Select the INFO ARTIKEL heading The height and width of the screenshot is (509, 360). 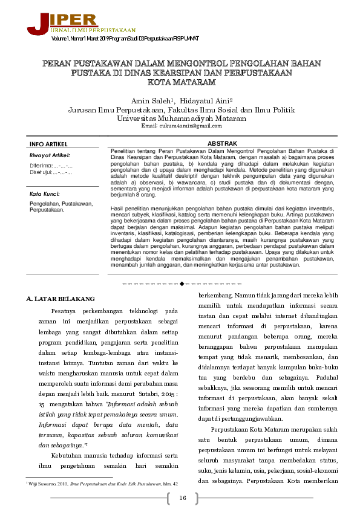(x=48, y=144)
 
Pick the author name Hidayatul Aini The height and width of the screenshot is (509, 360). (x=202, y=100)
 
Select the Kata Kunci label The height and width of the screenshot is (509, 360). (x=45, y=194)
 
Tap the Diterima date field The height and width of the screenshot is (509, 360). (x=51, y=165)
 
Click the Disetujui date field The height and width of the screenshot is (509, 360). (x=51, y=173)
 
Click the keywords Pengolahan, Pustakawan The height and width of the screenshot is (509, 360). (x=61, y=204)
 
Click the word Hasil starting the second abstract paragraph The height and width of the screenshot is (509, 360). (x=119, y=208)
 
